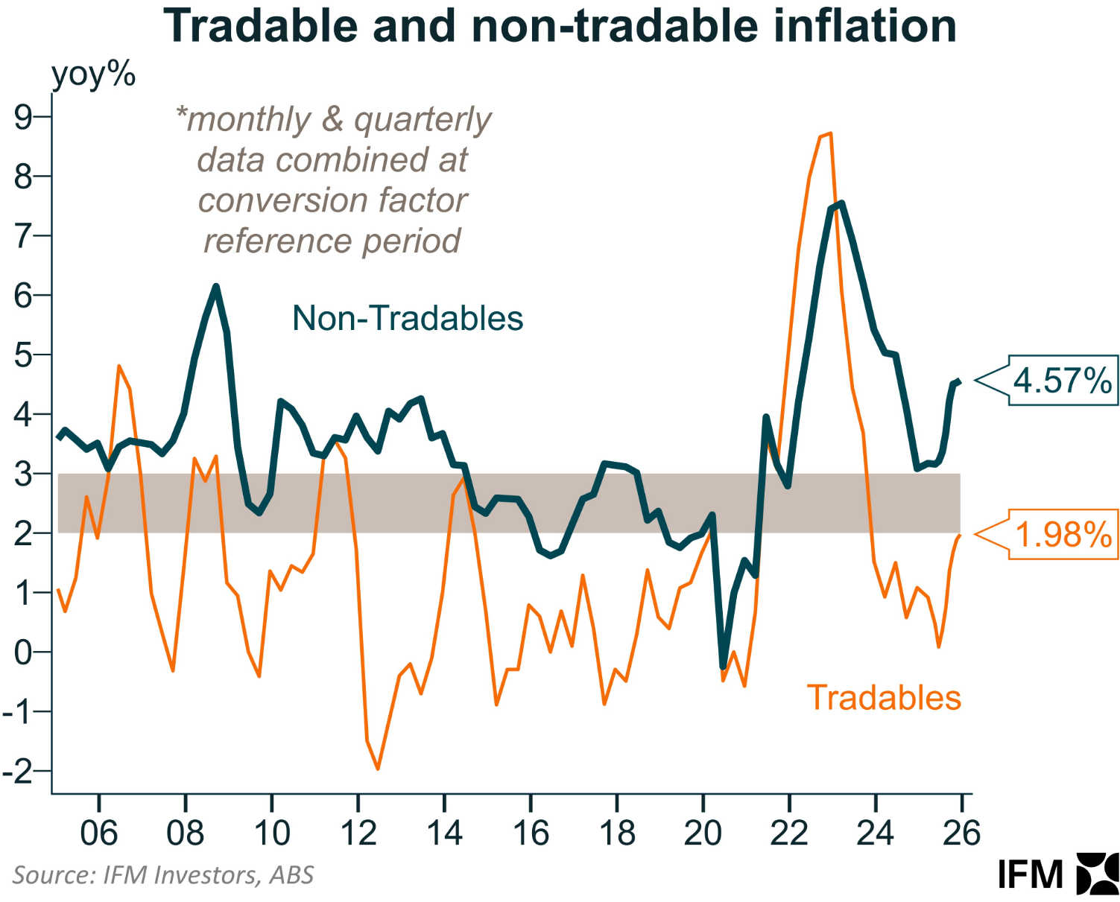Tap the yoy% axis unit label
(x=93, y=74)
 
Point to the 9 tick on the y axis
(x=23, y=118)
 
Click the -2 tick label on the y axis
(x=19, y=771)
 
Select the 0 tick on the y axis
(x=23, y=652)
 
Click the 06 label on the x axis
(x=98, y=833)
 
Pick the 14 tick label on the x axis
(x=444, y=833)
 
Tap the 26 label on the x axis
(x=961, y=833)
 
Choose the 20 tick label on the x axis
(x=703, y=833)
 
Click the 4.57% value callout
(x=1063, y=381)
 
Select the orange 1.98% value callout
(x=1063, y=535)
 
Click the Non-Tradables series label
(x=408, y=318)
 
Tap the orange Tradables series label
(x=884, y=698)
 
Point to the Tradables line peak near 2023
(x=829, y=134)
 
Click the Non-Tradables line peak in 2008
(x=216, y=287)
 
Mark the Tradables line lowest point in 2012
(x=378, y=768)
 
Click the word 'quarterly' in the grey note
(x=423, y=120)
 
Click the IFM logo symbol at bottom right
(x=1098, y=874)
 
